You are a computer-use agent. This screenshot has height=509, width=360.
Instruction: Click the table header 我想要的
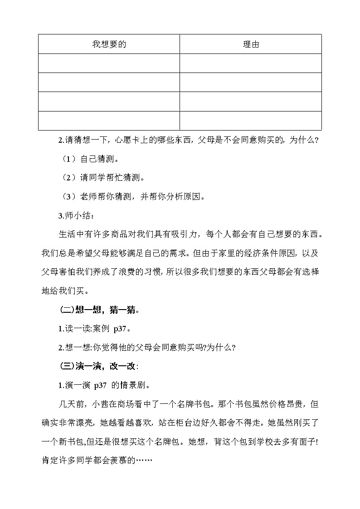(109, 44)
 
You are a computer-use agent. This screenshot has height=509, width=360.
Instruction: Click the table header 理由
(250, 44)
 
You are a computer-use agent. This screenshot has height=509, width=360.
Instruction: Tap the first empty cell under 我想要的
(109, 63)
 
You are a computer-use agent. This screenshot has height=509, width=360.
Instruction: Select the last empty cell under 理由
(250, 121)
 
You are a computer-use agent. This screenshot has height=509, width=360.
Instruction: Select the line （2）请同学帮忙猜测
(107, 178)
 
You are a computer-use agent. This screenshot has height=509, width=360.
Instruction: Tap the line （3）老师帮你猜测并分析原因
(134, 197)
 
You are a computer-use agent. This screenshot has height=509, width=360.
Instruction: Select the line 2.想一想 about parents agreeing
(147, 348)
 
